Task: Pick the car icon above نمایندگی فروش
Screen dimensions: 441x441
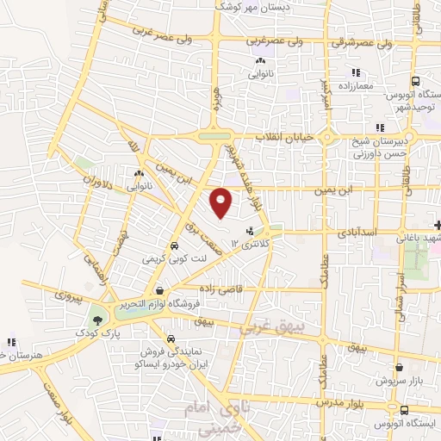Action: coord(171,339)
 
